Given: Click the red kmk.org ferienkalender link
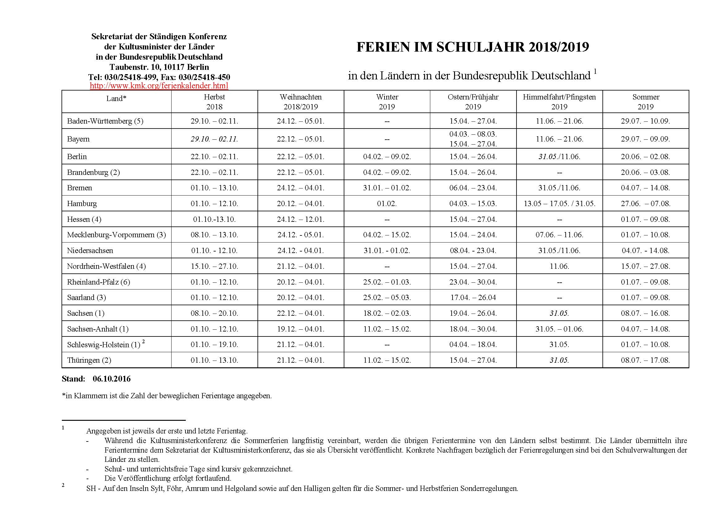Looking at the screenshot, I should (x=159, y=86).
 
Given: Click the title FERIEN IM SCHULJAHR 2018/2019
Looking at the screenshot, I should (x=472, y=47).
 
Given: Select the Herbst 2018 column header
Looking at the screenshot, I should (x=214, y=102).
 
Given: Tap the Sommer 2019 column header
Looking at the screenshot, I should (x=645, y=102).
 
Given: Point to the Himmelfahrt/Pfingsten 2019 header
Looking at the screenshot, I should (x=559, y=102).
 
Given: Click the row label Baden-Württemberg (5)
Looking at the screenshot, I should (x=105, y=121).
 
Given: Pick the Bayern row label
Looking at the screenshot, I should (x=79, y=139).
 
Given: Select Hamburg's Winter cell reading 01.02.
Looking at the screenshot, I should (x=387, y=204).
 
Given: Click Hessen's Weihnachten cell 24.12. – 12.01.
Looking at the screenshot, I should (x=300, y=219).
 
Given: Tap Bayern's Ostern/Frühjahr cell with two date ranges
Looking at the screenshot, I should (x=473, y=139).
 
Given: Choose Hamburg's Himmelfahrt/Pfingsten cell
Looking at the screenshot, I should (x=559, y=204).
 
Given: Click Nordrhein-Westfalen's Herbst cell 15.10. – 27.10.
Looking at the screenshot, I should (x=214, y=266).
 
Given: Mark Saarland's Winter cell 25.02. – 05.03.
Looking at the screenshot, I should (x=387, y=297).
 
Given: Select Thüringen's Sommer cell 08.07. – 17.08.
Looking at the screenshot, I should (x=645, y=360).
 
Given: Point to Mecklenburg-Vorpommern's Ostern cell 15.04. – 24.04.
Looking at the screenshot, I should (x=473, y=235).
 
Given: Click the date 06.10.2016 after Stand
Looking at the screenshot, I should (x=112, y=379).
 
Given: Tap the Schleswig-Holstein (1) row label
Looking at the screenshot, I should (x=104, y=345).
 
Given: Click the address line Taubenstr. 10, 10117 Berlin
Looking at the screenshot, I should (x=159, y=67).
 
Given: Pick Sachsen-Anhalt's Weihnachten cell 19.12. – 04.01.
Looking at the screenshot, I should (x=300, y=329).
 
